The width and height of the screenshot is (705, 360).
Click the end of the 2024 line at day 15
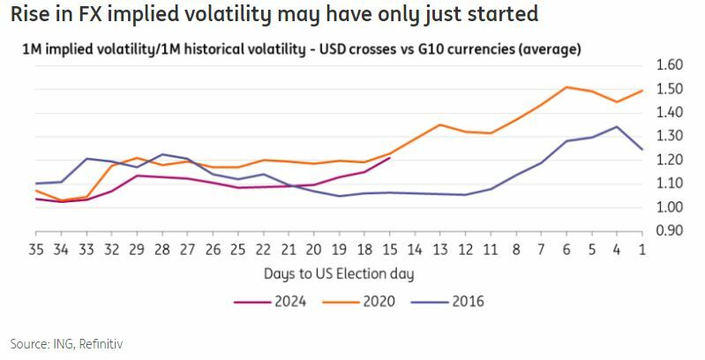(389, 158)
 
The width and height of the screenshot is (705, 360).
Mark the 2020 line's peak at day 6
(566, 87)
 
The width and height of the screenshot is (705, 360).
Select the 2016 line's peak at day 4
(616, 126)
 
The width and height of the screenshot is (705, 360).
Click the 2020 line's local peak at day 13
(439, 124)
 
